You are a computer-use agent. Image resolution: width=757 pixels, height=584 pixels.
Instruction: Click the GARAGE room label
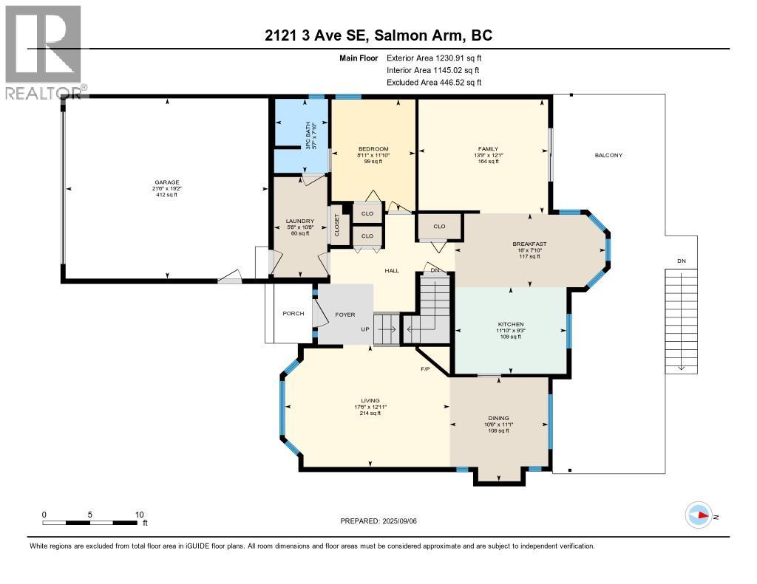pos(166,182)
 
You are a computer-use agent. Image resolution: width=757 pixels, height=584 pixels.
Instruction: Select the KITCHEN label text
pos(511,324)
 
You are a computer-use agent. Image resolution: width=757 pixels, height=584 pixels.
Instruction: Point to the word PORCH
pos(293,314)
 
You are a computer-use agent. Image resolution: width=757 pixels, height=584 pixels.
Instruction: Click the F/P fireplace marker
pos(425,368)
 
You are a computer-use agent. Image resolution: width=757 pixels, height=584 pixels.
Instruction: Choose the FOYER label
pos(345,314)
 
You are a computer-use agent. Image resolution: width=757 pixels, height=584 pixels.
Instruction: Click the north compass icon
pos(699,515)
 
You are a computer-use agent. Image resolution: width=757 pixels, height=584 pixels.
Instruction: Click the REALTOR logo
pos(44,52)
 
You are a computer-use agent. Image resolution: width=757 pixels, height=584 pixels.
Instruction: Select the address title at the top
pos(378,35)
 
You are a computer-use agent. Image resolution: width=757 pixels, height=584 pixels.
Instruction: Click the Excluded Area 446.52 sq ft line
pos(434,83)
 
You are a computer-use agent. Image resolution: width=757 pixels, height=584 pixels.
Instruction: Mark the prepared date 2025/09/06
pos(384,521)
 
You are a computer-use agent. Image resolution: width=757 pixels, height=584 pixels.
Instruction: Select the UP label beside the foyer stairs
pos(365,329)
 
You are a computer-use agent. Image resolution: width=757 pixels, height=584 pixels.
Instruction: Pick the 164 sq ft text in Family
pos(488,162)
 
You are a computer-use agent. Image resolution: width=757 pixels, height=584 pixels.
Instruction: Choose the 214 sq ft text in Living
pos(370,413)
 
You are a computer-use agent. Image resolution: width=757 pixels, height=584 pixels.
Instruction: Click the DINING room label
pos(498,418)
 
